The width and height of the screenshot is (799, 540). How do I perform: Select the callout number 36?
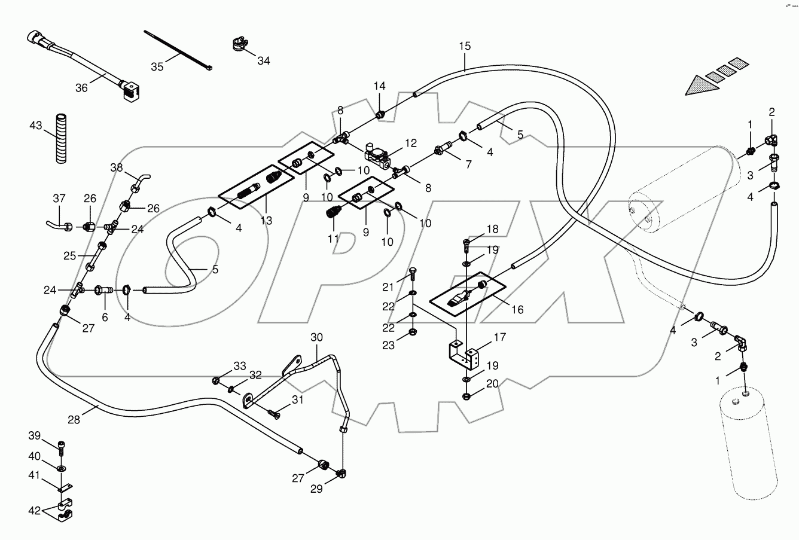(x=81, y=87)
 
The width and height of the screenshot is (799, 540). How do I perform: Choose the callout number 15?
(x=465, y=46)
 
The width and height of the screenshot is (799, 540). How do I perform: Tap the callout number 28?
(x=74, y=420)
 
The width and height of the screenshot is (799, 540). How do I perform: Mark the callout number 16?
(x=517, y=309)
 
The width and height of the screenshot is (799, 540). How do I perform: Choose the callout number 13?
(x=266, y=221)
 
